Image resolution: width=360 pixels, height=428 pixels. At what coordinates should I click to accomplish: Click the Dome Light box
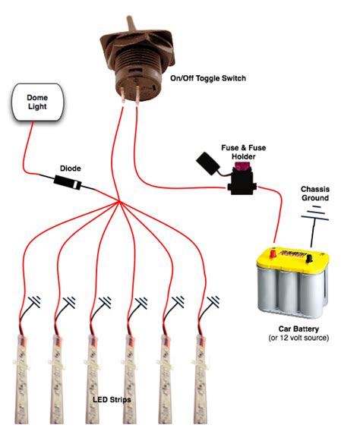pos(37,102)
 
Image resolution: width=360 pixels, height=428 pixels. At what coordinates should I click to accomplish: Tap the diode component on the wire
pos(68,182)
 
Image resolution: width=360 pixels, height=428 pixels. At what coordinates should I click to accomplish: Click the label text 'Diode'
pos(71,168)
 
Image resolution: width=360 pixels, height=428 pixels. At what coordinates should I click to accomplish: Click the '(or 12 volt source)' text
pos(298,338)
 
